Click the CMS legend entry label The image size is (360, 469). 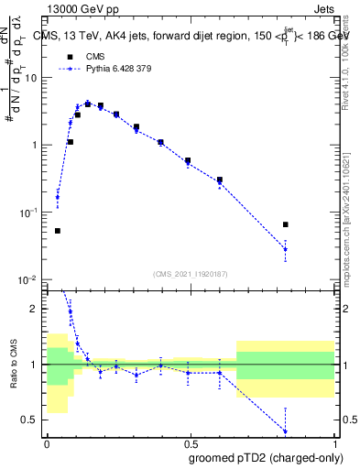96,56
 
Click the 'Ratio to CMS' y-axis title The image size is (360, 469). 13,365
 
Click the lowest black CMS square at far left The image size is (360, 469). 58,231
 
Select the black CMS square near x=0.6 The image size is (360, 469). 220,180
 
